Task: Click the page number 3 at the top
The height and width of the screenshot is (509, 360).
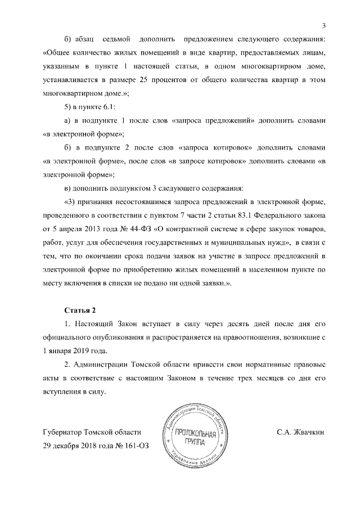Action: (x=325, y=25)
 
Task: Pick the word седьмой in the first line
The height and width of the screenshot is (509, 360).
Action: (x=116, y=39)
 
